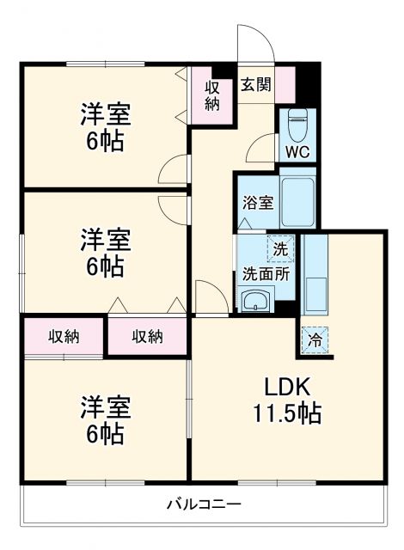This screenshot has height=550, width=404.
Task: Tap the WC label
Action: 297,152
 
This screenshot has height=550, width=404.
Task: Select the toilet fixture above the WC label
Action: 297,125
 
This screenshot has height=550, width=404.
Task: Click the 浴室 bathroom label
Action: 257,204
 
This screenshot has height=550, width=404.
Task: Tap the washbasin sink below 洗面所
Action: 257,301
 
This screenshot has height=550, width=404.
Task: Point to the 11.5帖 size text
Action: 286,413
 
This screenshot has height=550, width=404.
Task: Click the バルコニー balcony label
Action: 203,503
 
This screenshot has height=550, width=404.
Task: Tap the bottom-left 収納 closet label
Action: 64,336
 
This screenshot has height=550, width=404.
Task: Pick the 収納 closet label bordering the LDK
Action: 147,336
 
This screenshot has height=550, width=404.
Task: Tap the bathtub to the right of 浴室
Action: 297,203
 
